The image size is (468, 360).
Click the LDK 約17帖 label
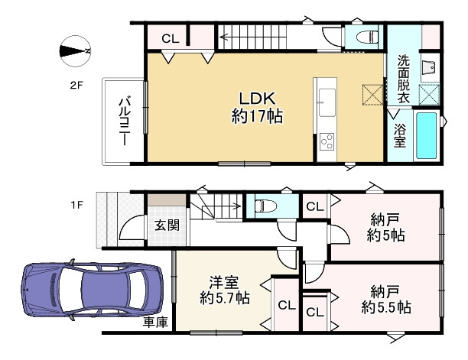[x=252, y=106]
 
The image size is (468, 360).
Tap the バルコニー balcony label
[x=122, y=121]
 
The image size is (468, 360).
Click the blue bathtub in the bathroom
[x=425, y=136]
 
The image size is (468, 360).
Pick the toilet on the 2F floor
[x=365, y=35]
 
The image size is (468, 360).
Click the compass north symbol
[x=75, y=51]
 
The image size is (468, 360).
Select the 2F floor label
[x=75, y=86]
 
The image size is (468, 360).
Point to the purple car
[x=93, y=290]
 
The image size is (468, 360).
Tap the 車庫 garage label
[x=155, y=323]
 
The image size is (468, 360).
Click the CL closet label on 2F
[x=171, y=38]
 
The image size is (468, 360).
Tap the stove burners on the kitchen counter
[x=327, y=141]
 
